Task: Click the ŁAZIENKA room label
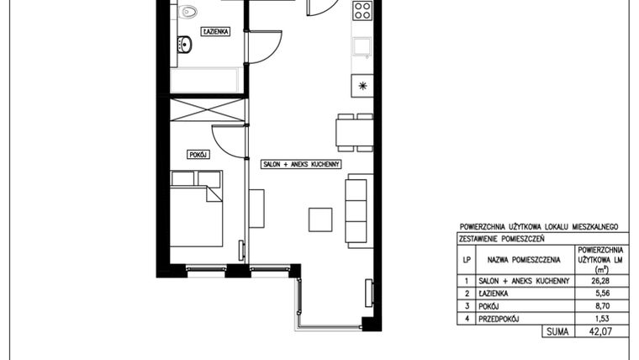click(216, 31)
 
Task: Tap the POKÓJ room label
click(198, 155)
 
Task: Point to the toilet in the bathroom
click(188, 11)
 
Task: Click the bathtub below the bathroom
click(206, 81)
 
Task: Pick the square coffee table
click(319, 219)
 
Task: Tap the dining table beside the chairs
click(345, 133)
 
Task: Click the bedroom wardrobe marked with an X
click(208, 110)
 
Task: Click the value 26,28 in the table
click(599, 280)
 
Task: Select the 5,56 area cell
click(599, 294)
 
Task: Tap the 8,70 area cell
click(599, 306)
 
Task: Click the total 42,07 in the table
click(599, 333)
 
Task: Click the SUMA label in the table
click(556, 333)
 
